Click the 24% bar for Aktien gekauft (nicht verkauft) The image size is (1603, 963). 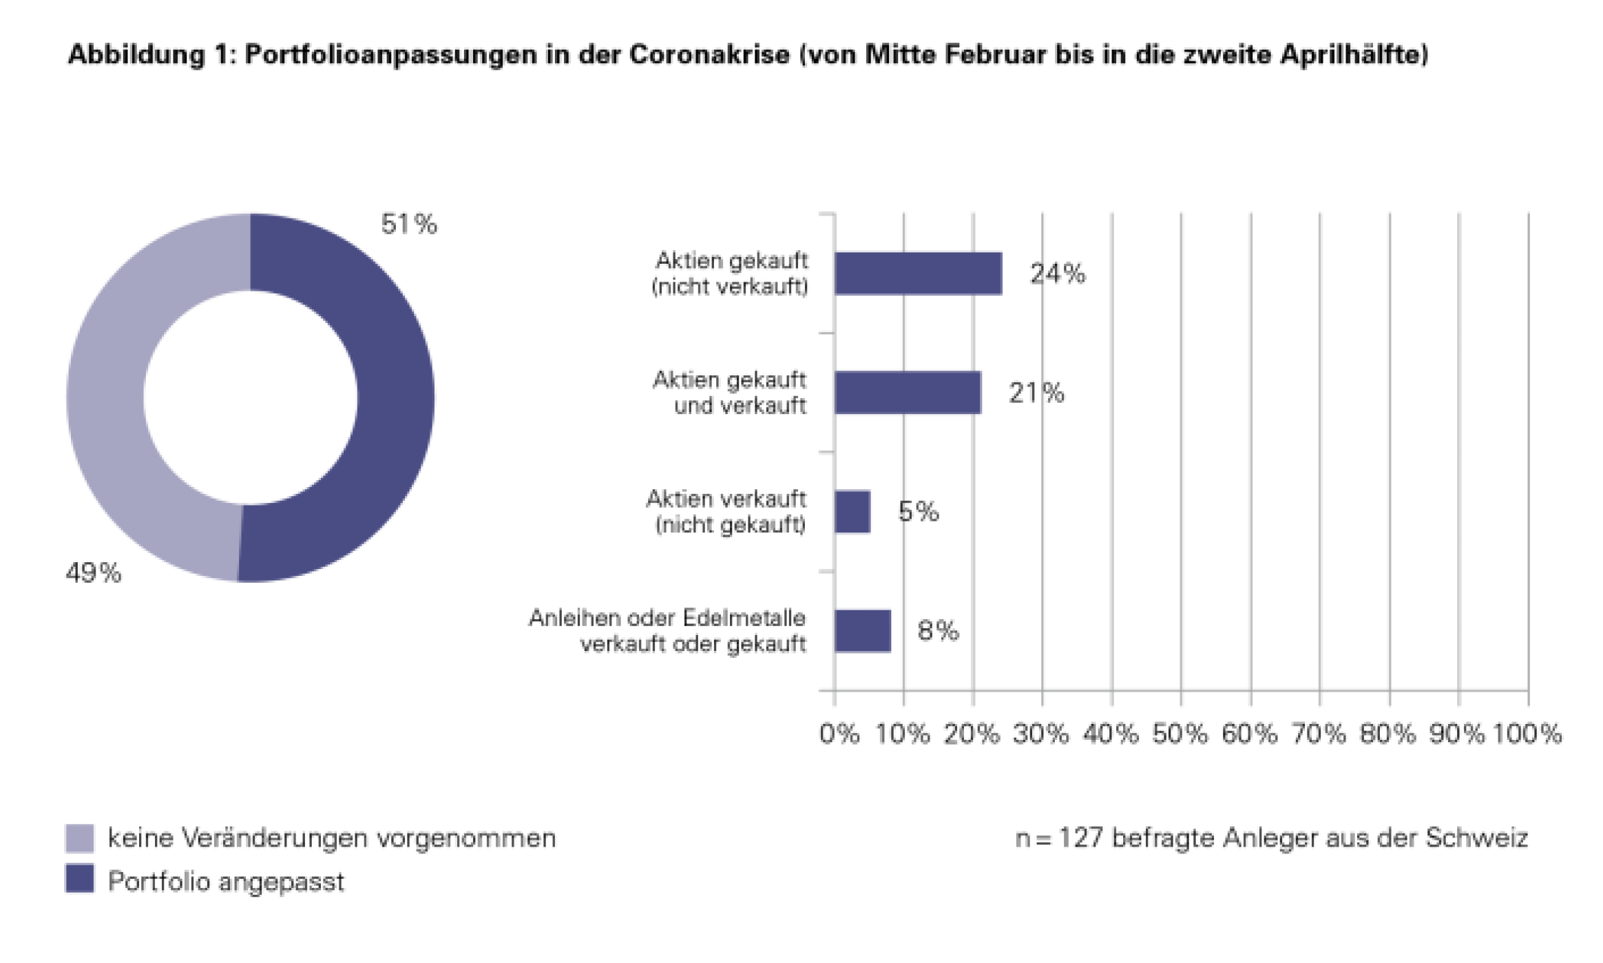pos(918,273)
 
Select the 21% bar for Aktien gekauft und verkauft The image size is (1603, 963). pos(908,393)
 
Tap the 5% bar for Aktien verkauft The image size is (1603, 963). pos(852,512)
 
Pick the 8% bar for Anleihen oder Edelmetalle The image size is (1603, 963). pos(862,631)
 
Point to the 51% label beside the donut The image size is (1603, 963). pos(409,224)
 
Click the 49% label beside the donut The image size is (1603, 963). pos(94,572)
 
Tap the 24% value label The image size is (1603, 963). pos(1058,273)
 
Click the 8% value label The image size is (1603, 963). pos(938,630)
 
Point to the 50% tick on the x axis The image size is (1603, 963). pos(1180,734)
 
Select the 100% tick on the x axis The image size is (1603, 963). pos(1527,734)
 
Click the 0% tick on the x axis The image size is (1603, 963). pos(839,734)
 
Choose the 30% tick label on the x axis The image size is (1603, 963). pos(1041,734)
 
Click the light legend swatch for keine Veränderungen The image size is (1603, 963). pos(80,838)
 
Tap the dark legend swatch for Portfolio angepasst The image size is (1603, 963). pos(80,879)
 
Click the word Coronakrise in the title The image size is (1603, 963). pos(709,54)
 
